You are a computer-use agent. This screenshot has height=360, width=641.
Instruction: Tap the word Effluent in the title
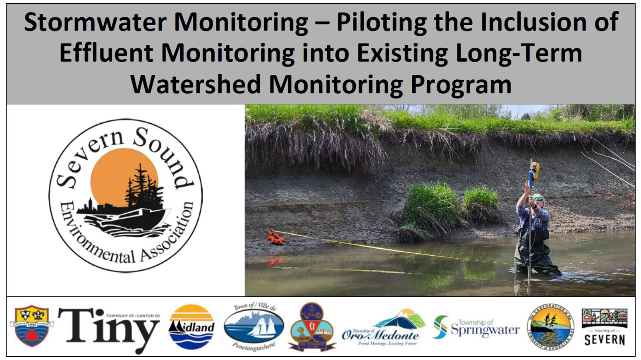[106, 53]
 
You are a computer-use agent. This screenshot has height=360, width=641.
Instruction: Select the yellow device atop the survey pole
[535, 170]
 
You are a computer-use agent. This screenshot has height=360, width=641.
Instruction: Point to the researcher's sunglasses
[537, 199]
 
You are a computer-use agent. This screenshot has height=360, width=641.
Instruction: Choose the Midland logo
[191, 327]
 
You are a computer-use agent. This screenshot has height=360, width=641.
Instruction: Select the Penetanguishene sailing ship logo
[254, 327]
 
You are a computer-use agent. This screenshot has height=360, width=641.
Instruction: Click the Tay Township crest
[312, 327]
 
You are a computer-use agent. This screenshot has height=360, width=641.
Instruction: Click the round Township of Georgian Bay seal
[550, 327]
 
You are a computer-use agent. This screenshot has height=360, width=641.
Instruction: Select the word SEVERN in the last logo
[604, 340]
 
